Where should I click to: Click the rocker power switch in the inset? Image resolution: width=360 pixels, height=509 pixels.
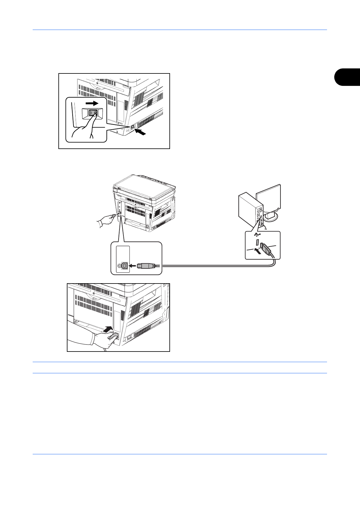(x=93, y=113)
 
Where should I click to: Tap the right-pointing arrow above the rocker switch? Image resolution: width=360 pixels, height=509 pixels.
(x=92, y=103)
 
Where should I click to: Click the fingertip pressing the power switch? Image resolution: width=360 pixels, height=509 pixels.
(x=95, y=114)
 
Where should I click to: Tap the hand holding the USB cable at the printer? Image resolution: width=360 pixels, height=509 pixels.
(x=104, y=220)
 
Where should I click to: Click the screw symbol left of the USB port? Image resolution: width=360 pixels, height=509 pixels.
(x=119, y=266)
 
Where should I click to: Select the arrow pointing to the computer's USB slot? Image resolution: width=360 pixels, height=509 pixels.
(x=257, y=251)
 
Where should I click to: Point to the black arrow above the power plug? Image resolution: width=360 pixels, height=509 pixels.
(x=107, y=330)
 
